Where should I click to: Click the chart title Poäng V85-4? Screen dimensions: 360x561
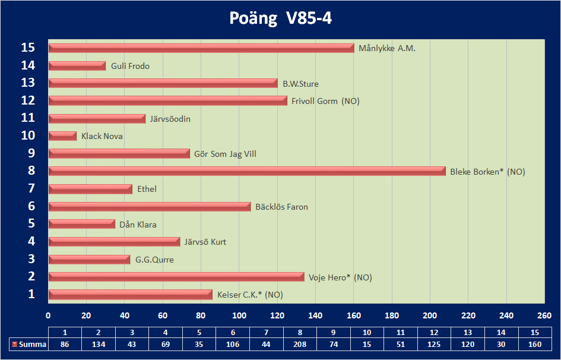pos(280,18)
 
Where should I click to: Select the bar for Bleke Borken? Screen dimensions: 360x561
pos(246,171)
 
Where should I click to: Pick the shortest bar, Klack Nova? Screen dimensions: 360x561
pos(62,136)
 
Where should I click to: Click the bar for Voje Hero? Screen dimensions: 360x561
pos(176,277)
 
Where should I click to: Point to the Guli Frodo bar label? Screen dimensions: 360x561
pos(130,66)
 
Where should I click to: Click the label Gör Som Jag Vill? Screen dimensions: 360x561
pos(225,154)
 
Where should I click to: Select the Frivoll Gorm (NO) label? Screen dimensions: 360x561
pos(325,101)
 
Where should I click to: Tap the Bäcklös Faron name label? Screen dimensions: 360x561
pos(281,207)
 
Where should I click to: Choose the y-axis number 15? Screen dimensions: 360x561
pos(28,48)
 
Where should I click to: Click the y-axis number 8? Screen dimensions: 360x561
pos(31,171)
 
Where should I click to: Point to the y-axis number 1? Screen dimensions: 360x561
pos(31,294)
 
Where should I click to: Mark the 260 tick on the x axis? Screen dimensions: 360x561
pos(544,315)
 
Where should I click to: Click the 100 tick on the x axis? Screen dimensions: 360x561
pos(239,315)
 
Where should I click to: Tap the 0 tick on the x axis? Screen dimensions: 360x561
pos(49,315)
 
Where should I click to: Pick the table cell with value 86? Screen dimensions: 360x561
pos(65,345)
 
